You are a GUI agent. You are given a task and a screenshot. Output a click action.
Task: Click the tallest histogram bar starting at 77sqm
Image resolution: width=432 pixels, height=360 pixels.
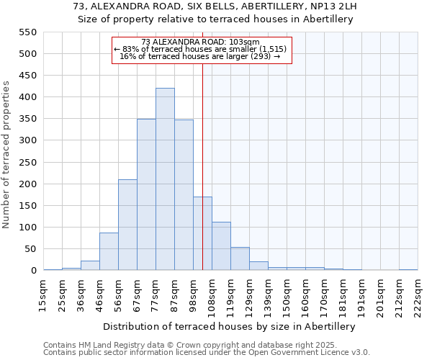coord(165,179)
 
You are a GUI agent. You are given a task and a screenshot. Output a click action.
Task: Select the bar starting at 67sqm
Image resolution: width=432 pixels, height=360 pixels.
coord(146,194)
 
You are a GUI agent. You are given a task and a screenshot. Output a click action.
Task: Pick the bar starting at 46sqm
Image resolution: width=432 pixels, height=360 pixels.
coord(109,251)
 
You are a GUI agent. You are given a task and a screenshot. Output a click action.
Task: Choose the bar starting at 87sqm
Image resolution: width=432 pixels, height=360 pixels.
coord(184,195)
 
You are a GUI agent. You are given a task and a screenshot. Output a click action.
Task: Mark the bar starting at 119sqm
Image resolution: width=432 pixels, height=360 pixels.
coord(240,258)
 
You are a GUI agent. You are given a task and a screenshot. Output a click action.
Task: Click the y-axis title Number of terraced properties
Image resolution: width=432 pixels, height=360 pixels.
coord(6,155)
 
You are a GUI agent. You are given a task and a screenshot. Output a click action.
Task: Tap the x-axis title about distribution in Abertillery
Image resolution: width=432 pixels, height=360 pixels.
coord(230,326)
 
